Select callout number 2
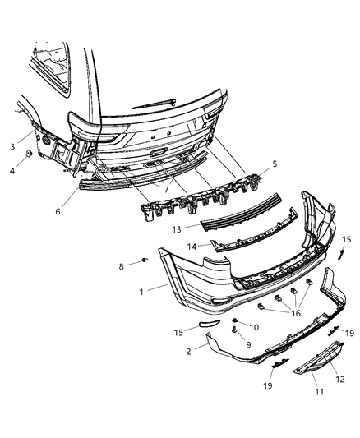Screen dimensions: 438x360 [190, 351]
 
